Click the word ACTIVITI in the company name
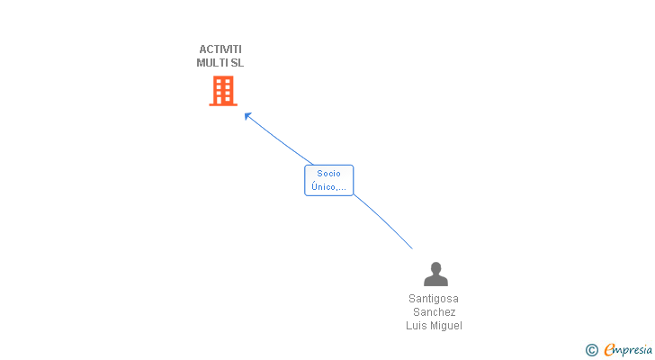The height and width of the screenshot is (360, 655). [x=220, y=49]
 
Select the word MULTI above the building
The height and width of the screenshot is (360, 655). [x=212, y=63]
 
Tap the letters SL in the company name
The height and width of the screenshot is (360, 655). [x=237, y=63]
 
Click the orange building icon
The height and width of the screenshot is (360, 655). [x=222, y=91]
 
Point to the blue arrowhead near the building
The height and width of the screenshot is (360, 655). [x=247, y=115]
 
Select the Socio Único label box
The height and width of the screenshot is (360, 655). [x=328, y=180]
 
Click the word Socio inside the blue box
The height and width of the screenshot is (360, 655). [x=328, y=174]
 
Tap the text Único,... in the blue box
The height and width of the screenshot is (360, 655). [x=328, y=187]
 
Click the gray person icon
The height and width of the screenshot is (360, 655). [x=435, y=274]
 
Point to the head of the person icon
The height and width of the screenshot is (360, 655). [x=435, y=267]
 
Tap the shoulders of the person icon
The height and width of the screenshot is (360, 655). [x=435, y=281]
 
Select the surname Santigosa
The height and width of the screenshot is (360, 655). [x=434, y=299]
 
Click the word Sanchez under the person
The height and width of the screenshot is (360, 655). [x=434, y=312]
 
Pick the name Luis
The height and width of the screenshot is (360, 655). [x=417, y=326]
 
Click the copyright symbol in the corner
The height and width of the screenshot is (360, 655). [x=591, y=350]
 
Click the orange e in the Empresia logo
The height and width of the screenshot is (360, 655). [x=609, y=350]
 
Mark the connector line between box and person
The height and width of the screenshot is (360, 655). [x=385, y=222]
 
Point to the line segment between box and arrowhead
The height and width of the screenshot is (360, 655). [x=281, y=141]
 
